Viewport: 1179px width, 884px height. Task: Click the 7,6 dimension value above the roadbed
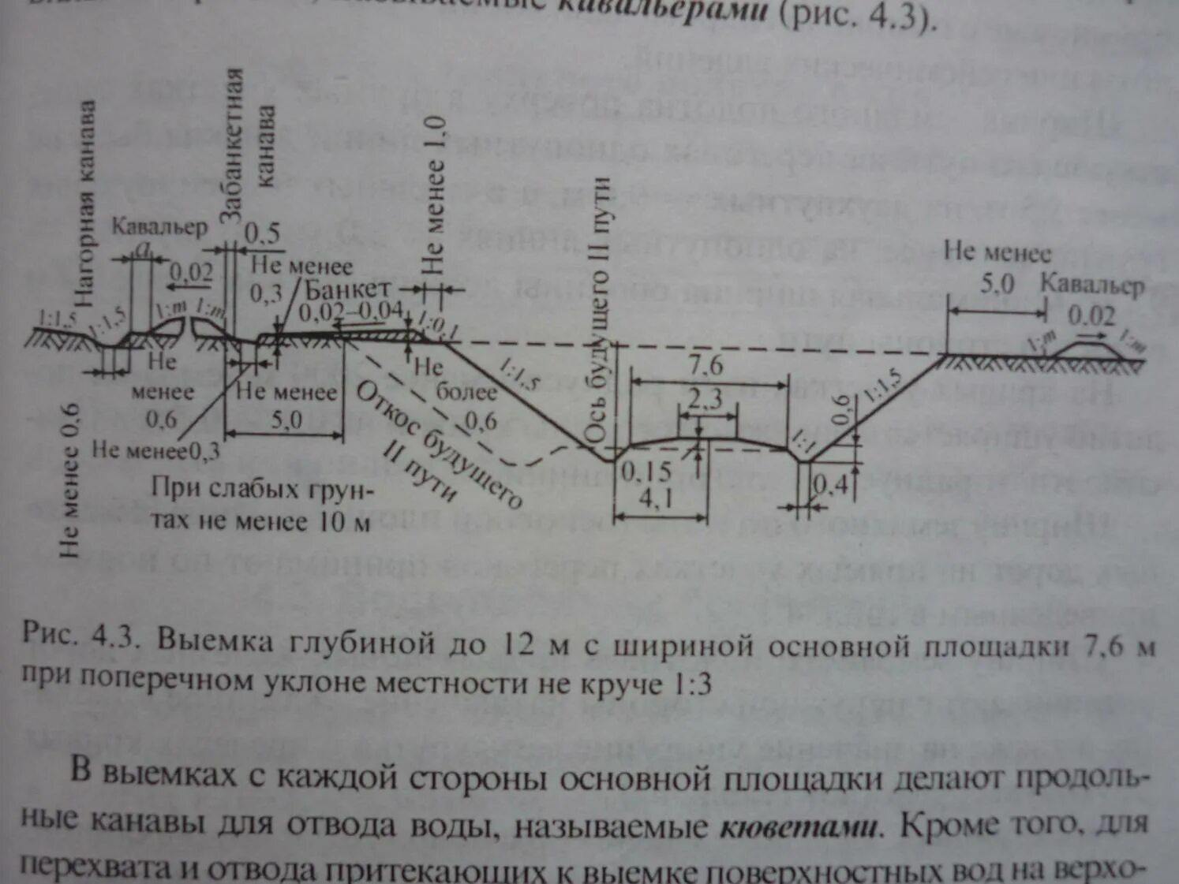(705, 366)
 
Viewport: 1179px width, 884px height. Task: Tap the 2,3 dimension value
(704, 400)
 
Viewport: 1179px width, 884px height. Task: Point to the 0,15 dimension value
(646, 472)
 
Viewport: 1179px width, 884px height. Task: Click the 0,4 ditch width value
(829, 485)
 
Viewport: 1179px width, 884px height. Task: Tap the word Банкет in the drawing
(347, 289)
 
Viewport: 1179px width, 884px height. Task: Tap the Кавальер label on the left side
(159, 227)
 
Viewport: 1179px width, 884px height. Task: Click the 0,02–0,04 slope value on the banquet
(350, 312)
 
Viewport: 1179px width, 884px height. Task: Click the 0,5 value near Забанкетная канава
(262, 233)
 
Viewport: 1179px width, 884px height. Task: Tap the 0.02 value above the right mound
(1091, 316)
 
